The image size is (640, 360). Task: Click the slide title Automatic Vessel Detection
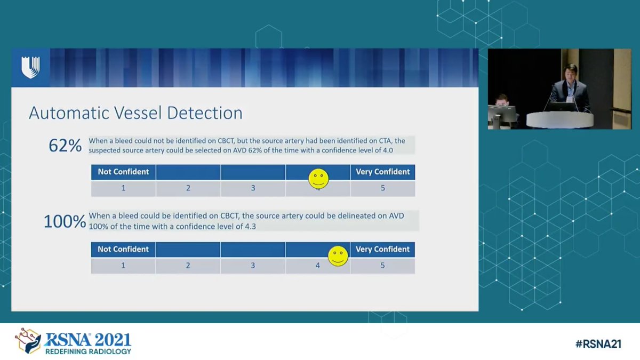pyautogui.click(x=135, y=113)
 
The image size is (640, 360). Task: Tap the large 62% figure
pyautogui.click(x=65, y=146)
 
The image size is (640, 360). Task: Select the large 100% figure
pyautogui.click(x=65, y=221)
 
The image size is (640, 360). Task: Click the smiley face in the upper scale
pyautogui.click(x=318, y=179)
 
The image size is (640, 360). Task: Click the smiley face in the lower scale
pyautogui.click(x=338, y=256)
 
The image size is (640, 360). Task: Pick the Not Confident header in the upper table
pyautogui.click(x=123, y=172)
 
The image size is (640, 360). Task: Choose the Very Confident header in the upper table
pyautogui.click(x=382, y=172)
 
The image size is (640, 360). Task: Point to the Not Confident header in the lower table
pyautogui.click(x=123, y=249)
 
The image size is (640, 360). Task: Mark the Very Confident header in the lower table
pyautogui.click(x=382, y=249)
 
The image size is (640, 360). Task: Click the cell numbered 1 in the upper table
pyautogui.click(x=123, y=188)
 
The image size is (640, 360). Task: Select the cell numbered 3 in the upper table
pyautogui.click(x=253, y=188)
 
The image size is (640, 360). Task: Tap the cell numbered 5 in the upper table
pyautogui.click(x=382, y=188)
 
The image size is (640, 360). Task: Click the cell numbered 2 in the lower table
pyautogui.click(x=188, y=265)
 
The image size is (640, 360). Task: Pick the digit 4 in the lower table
pyautogui.click(x=318, y=265)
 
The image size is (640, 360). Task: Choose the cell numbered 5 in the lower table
pyautogui.click(x=382, y=265)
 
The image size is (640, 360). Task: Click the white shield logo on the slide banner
pyautogui.click(x=30, y=68)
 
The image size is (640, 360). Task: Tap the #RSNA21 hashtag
pyautogui.click(x=598, y=344)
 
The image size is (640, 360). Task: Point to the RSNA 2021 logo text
pyautogui.click(x=88, y=339)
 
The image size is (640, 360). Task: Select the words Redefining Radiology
pyautogui.click(x=88, y=351)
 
